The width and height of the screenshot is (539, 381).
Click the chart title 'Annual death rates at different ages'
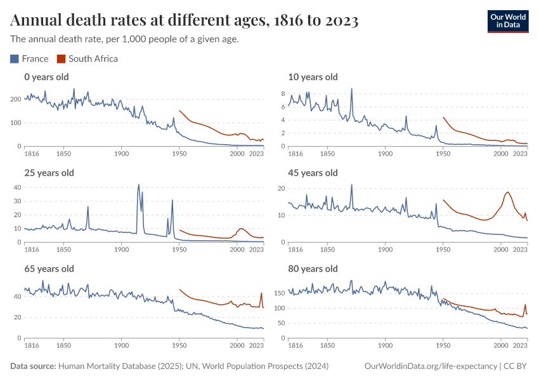click(185, 21)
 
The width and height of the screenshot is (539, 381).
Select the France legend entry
click(30, 59)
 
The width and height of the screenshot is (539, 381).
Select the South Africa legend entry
click(88, 59)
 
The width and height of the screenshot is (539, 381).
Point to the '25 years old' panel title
click(49, 173)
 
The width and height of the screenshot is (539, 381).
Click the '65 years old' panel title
click(49, 269)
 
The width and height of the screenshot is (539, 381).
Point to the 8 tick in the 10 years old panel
click(284, 93)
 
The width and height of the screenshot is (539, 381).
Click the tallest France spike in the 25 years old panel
click(139, 185)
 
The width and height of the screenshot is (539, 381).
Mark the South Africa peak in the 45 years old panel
click(508, 192)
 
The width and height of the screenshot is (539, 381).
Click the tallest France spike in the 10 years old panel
click(351, 89)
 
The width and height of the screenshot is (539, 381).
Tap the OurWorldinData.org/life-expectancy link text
click(431, 366)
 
